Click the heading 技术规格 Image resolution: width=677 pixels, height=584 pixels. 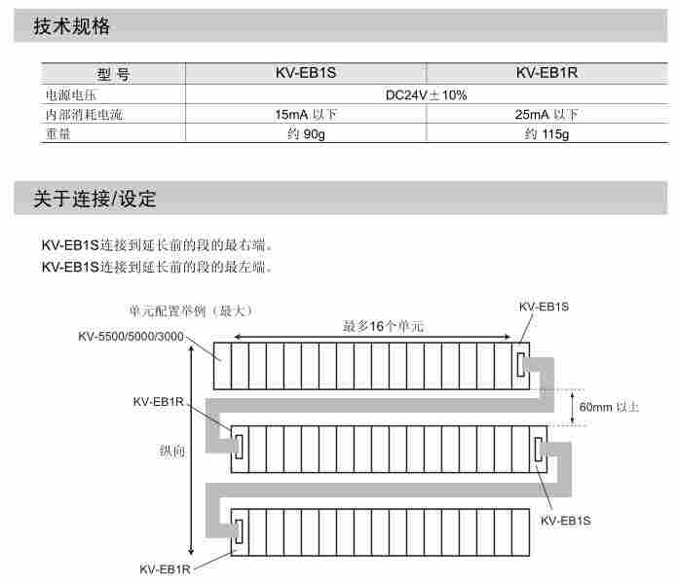(x=71, y=27)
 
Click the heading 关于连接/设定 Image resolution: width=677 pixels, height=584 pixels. (x=94, y=200)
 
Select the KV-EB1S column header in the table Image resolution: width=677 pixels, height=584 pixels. (x=306, y=74)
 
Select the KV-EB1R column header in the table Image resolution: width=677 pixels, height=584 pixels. (x=546, y=74)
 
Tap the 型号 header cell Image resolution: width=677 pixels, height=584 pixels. (x=113, y=74)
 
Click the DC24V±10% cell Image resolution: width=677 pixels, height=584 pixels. (x=427, y=94)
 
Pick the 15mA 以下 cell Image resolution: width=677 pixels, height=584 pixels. (x=306, y=115)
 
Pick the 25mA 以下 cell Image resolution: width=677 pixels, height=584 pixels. (x=546, y=115)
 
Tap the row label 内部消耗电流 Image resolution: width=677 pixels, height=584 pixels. (x=84, y=115)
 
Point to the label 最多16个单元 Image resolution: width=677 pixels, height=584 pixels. (x=383, y=326)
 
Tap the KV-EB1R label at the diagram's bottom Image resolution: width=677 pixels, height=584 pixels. (x=165, y=568)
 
